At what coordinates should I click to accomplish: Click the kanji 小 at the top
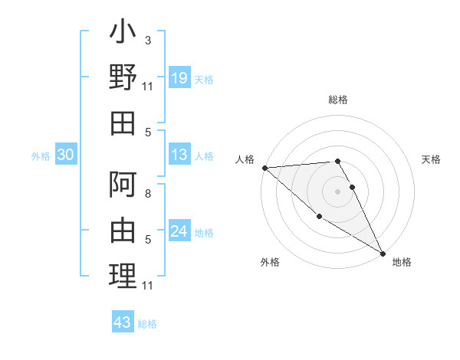pyautogui.click(x=123, y=35)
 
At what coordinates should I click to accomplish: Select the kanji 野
pyautogui.click(x=123, y=77)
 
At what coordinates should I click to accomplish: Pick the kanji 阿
pyautogui.click(x=123, y=186)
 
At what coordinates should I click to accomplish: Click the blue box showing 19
pyautogui.click(x=179, y=77)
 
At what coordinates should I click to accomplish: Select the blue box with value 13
pyautogui.click(x=179, y=155)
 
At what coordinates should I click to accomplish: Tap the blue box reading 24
pyautogui.click(x=179, y=232)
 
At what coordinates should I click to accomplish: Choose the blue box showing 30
pyautogui.click(x=66, y=155)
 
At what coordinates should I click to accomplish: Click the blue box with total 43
pyautogui.click(x=123, y=322)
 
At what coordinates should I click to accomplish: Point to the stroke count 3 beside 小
pyautogui.click(x=147, y=40)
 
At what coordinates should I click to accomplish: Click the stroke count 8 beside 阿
pyautogui.click(x=147, y=194)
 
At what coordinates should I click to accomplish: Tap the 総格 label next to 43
pyautogui.click(x=147, y=324)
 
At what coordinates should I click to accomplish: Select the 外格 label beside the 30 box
pyautogui.click(x=41, y=156)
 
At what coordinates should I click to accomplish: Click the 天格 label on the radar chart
pyautogui.click(x=431, y=159)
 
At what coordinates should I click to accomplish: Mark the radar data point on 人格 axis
pyautogui.click(x=264, y=167)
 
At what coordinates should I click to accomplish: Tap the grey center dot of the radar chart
pyautogui.click(x=337, y=191)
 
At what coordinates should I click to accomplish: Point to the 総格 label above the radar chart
pyautogui.click(x=337, y=100)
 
